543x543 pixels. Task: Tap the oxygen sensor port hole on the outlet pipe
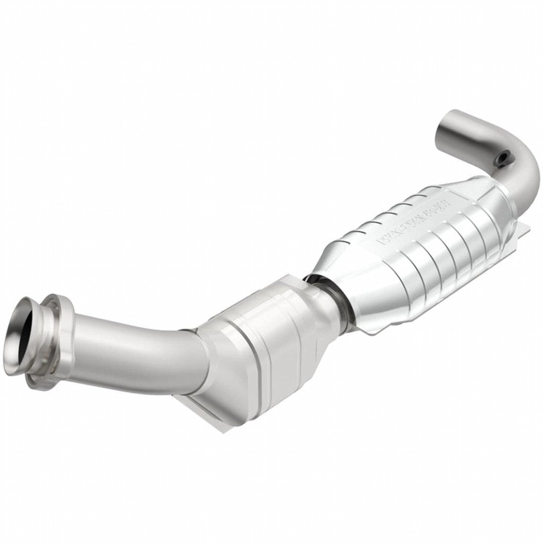[502, 157]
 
